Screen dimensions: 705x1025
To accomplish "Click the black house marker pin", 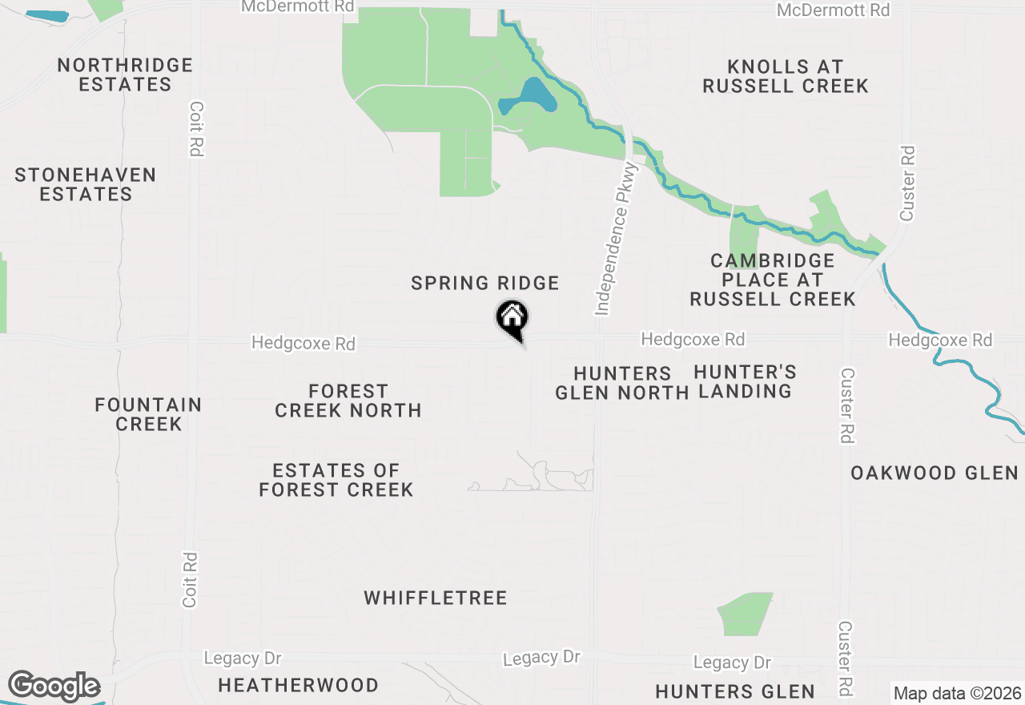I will tap(512, 318).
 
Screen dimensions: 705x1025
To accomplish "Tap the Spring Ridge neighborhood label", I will tap(484, 283).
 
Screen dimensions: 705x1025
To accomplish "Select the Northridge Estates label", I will tap(125, 75).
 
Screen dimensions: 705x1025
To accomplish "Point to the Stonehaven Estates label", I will tap(86, 184).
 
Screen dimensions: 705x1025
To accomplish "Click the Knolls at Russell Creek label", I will tap(786, 76).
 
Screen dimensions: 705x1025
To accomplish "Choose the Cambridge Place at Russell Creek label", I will tap(773, 280).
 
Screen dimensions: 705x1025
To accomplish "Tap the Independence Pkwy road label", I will tap(615, 238).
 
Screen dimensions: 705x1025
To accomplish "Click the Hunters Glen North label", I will tap(621, 383).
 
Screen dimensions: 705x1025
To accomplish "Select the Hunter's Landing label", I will tap(745, 381).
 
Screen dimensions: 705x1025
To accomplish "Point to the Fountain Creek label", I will tap(148, 414).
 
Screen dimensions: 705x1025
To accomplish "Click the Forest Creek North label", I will tap(348, 401).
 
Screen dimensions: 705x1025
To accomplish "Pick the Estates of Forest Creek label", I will tap(336, 480).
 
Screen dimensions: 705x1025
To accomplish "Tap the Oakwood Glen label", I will tap(935, 473).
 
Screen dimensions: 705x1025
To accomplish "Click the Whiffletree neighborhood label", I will tap(436, 598).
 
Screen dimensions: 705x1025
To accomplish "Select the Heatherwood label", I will tap(298, 685).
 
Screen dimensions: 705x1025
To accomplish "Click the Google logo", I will tap(54, 687).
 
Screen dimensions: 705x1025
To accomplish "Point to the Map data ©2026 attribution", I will tap(958, 693).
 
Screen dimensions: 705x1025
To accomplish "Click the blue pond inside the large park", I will tap(529, 98).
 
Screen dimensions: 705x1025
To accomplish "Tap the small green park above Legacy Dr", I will tap(745, 614).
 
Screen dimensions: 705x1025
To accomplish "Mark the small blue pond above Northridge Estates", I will tap(48, 15).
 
